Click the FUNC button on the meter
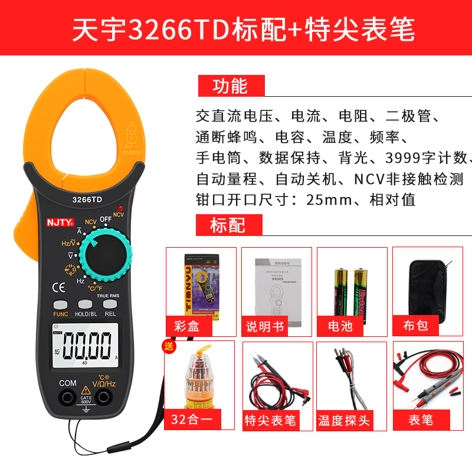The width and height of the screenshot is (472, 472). pos(61,304)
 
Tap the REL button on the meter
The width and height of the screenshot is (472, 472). pos(110,304)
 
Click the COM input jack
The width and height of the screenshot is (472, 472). pos(68,399)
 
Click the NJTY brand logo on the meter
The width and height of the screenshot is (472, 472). pos(60,223)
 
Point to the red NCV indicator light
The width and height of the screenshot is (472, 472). pos(119,208)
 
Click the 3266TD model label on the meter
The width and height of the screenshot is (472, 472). pos(87,199)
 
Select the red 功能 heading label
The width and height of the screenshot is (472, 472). pos(230,86)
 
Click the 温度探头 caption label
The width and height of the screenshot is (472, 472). pos(345,420)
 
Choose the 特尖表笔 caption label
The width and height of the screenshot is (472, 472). pos(270,420)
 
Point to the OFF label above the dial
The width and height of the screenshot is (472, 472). pos(106,219)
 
